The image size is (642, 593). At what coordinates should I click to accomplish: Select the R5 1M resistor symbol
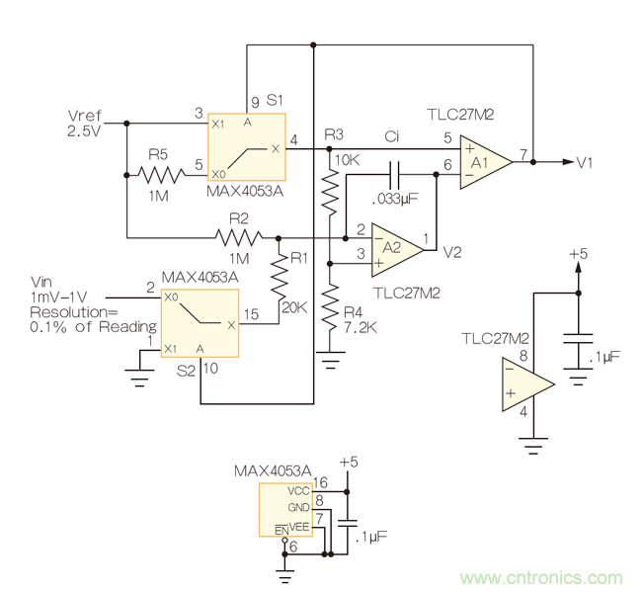click(x=162, y=176)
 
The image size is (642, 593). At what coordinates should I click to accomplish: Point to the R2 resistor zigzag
click(x=240, y=237)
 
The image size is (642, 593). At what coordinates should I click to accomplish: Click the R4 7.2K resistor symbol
click(x=332, y=297)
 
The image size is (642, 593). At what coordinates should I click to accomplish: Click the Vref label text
click(x=84, y=117)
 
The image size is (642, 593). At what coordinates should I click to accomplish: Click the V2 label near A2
click(x=451, y=252)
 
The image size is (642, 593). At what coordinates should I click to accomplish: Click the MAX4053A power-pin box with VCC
click(x=286, y=509)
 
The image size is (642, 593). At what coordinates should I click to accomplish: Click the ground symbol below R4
click(x=332, y=358)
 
